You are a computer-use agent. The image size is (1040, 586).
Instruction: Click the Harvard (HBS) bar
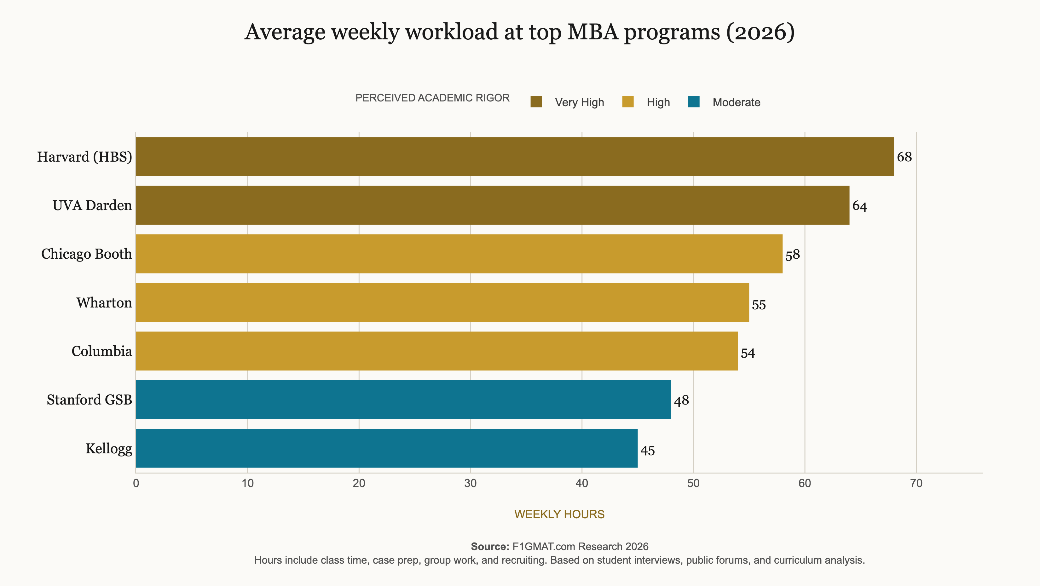tap(515, 157)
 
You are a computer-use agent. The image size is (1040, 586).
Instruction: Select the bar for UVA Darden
tap(493, 205)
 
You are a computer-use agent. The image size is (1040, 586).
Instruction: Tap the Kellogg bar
tap(387, 448)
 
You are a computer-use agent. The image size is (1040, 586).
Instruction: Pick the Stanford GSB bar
tap(403, 399)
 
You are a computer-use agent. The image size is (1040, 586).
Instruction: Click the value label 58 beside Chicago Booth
tap(793, 255)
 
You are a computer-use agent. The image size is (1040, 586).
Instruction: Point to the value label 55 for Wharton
tap(759, 305)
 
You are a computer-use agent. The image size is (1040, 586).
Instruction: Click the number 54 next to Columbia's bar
tap(748, 353)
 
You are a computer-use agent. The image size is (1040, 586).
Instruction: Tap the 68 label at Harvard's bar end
tap(904, 157)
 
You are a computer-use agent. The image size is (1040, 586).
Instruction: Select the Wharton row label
tap(104, 303)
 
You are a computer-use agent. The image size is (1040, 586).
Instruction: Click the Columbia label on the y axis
tap(102, 351)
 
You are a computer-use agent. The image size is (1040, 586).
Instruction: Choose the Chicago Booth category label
tap(86, 254)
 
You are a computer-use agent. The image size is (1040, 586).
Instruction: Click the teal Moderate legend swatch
tap(694, 102)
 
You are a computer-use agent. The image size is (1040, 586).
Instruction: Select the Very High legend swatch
tap(536, 102)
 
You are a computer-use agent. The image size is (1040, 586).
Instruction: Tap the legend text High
tap(658, 102)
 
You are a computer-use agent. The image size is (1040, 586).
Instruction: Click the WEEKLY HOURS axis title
tap(559, 514)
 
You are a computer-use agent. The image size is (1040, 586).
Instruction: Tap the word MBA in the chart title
tap(593, 32)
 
